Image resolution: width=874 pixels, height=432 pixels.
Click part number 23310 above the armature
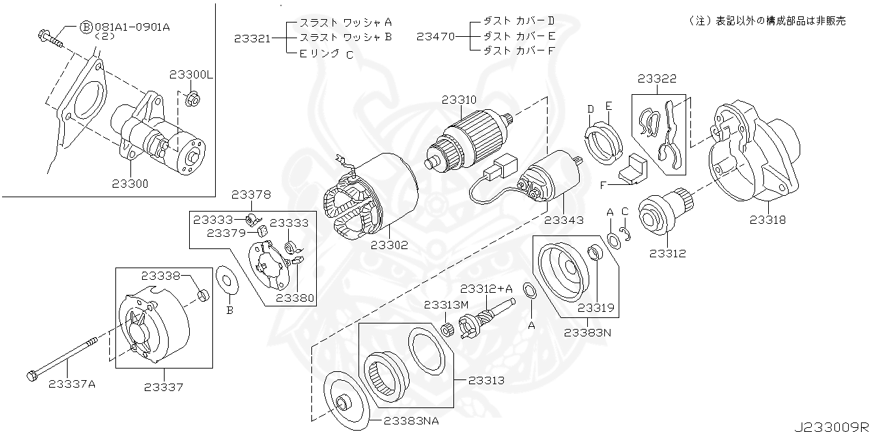(x=459, y=100)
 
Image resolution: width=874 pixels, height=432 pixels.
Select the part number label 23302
(x=389, y=244)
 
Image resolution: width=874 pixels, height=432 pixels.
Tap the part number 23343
(x=563, y=220)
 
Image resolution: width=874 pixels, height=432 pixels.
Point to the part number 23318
(x=767, y=220)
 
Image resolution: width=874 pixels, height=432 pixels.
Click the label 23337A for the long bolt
(x=72, y=384)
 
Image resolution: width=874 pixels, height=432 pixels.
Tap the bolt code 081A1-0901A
(x=132, y=27)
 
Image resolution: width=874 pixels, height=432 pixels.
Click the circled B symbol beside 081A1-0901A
(x=86, y=27)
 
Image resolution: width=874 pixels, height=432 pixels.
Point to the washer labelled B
(x=226, y=280)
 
